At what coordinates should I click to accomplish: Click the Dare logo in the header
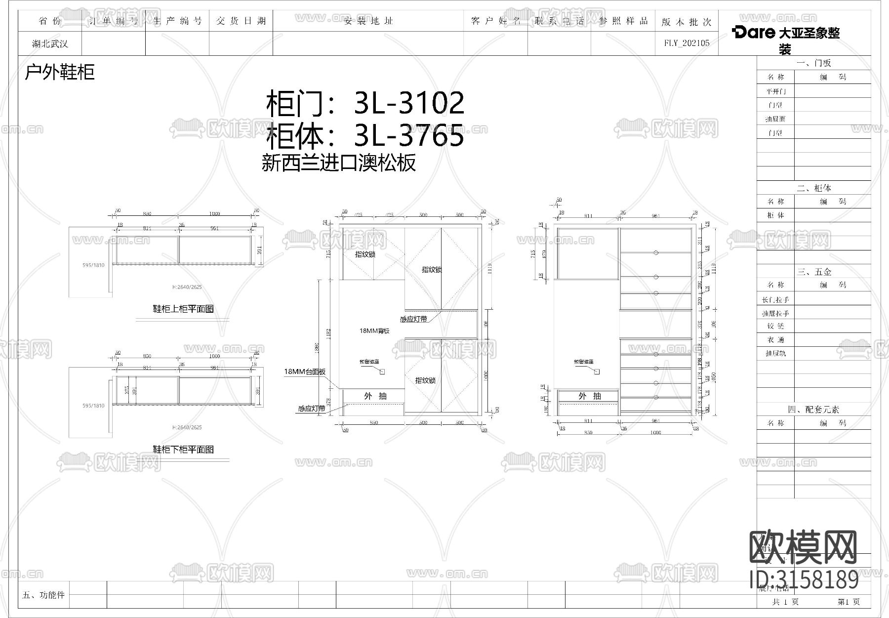pyautogui.click(x=754, y=33)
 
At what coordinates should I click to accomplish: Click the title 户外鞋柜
pyautogui.click(x=60, y=73)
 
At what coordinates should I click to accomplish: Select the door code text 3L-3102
pyautogui.click(x=409, y=102)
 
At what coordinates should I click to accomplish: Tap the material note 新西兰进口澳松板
pyautogui.click(x=339, y=163)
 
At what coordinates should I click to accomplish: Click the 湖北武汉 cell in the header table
pyautogui.click(x=50, y=43)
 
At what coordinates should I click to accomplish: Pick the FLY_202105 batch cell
pyautogui.click(x=687, y=43)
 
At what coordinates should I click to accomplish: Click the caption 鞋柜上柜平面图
pyautogui.click(x=183, y=309)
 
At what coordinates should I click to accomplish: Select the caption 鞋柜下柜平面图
pyautogui.click(x=183, y=449)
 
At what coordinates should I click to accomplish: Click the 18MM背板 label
pyautogui.click(x=374, y=330)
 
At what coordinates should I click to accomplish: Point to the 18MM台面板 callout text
pyautogui.click(x=305, y=371)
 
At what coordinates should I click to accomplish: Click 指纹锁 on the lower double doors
pyautogui.click(x=425, y=380)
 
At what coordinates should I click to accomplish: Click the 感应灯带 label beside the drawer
pyautogui.click(x=311, y=409)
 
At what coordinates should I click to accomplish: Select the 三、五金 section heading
pyautogui.click(x=813, y=272)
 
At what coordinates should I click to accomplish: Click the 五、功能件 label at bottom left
pyautogui.click(x=43, y=595)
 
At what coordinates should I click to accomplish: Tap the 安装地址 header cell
pyautogui.click(x=368, y=21)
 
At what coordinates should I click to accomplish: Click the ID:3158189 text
pyautogui.click(x=804, y=579)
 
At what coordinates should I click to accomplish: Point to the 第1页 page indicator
pyautogui.click(x=849, y=602)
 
